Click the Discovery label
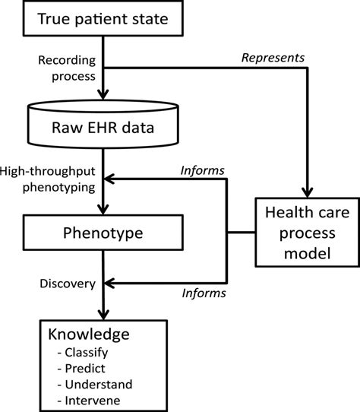[67, 284]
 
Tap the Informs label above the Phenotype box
[201, 170]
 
